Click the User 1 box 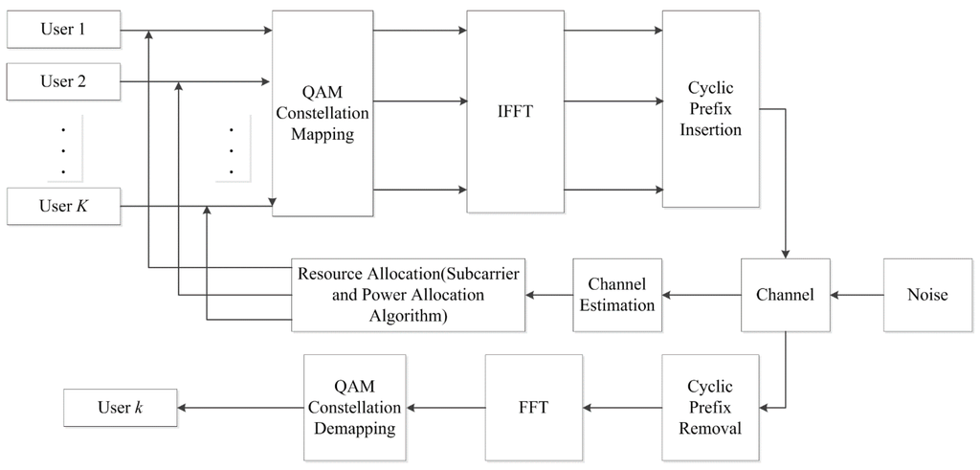click(x=62, y=30)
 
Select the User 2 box click(x=62, y=82)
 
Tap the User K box click(x=62, y=206)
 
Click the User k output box click(x=120, y=409)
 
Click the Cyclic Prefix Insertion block click(x=710, y=109)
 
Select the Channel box click(x=786, y=295)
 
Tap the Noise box click(x=926, y=295)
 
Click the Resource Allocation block click(x=408, y=295)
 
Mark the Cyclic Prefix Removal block click(x=710, y=408)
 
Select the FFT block click(x=532, y=408)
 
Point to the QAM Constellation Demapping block click(x=354, y=408)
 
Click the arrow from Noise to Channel click(x=857, y=295)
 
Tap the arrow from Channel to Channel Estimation click(x=701, y=295)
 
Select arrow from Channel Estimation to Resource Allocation click(x=548, y=295)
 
